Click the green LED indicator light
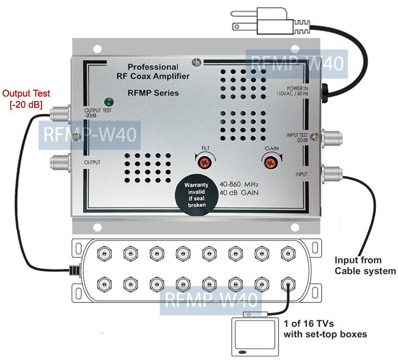(x=107, y=101)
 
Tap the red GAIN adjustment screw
(x=270, y=162)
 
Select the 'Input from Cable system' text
(x=365, y=265)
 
